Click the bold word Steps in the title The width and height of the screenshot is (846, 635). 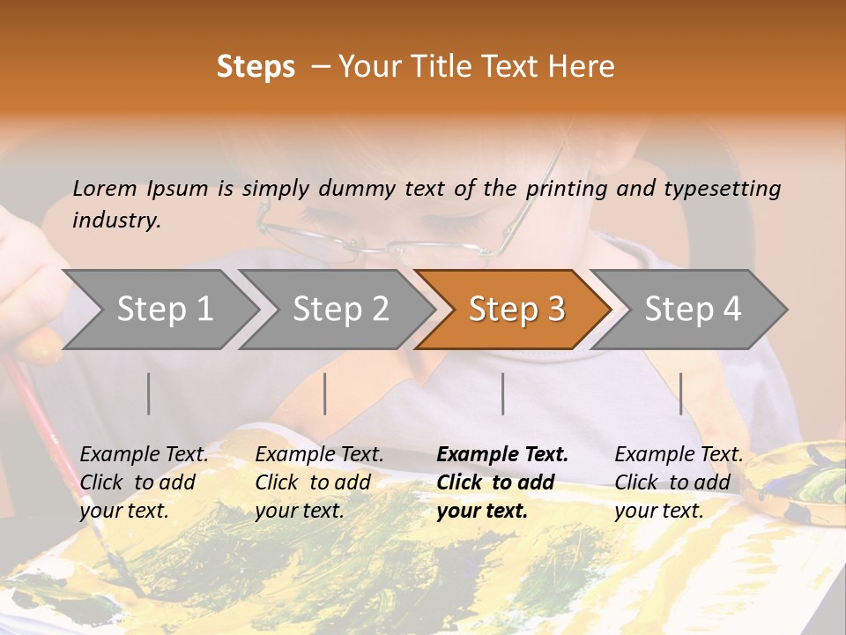256,67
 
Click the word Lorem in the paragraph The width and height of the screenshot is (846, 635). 104,188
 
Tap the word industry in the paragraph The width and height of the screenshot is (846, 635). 116,220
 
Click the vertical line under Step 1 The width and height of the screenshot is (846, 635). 149,393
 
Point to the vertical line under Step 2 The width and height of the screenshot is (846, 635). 325,393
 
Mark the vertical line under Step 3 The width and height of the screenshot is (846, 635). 502,393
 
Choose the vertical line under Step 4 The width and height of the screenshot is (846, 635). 680,393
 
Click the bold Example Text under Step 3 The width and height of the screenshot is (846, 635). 502,455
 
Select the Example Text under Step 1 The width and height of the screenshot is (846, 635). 144,455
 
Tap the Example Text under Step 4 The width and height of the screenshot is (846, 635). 679,455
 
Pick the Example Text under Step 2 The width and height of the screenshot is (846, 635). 319,455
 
